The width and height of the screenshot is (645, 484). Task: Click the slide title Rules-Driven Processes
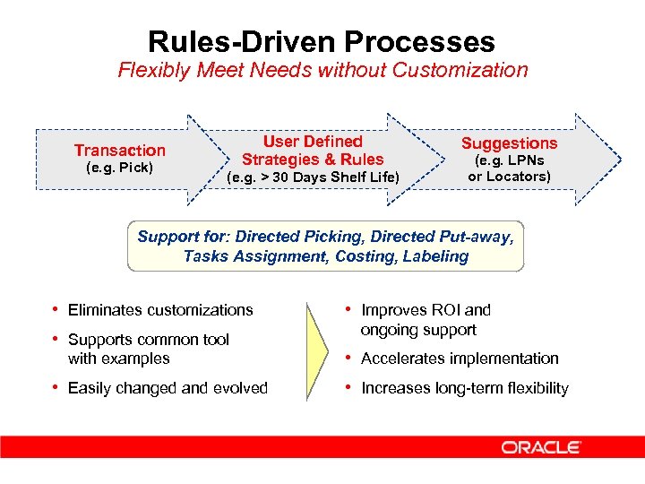tap(322, 41)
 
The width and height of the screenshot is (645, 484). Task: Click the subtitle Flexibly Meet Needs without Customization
tap(322, 70)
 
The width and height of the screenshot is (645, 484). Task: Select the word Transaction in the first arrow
tap(119, 150)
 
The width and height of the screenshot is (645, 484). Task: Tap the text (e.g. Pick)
tap(119, 168)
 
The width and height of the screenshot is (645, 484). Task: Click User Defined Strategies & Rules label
tap(313, 151)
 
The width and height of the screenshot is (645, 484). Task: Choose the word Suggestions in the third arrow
tap(509, 143)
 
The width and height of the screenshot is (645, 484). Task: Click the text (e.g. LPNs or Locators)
tap(509, 169)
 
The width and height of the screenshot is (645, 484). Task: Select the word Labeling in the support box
tap(436, 256)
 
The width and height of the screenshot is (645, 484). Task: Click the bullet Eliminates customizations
tap(160, 310)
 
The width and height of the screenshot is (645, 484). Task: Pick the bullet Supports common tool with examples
tap(148, 349)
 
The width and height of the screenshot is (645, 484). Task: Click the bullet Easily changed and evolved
tap(168, 388)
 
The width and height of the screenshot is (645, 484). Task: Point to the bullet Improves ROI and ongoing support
tap(426, 320)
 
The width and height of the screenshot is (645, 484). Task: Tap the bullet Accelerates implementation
tap(460, 359)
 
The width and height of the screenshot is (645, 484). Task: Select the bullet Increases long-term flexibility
tap(464, 388)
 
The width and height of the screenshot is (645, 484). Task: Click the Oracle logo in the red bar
tap(541, 447)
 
